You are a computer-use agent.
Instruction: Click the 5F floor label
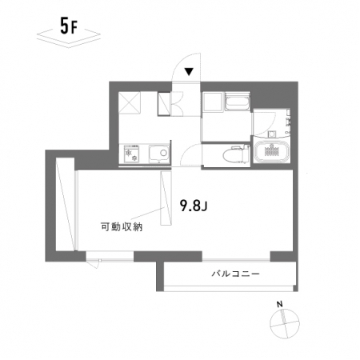(69, 27)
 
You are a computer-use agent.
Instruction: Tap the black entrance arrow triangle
(189, 71)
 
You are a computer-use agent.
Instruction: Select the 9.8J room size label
(194, 206)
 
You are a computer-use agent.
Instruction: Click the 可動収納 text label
(122, 226)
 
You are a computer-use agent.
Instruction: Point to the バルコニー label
(235, 274)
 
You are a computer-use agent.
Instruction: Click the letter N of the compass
(279, 304)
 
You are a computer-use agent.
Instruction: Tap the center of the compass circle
(285, 324)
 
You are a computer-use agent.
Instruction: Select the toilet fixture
(236, 155)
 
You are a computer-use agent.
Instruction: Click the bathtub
(272, 153)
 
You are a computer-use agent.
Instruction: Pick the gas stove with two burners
(132, 154)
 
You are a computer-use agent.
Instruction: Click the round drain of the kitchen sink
(163, 153)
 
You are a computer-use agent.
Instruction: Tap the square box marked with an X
(130, 103)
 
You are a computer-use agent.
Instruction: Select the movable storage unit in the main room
(166, 198)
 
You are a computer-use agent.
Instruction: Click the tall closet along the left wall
(66, 204)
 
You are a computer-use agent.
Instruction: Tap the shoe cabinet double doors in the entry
(177, 103)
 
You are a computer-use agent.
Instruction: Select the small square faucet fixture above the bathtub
(272, 134)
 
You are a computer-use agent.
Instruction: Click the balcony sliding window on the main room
(236, 258)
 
